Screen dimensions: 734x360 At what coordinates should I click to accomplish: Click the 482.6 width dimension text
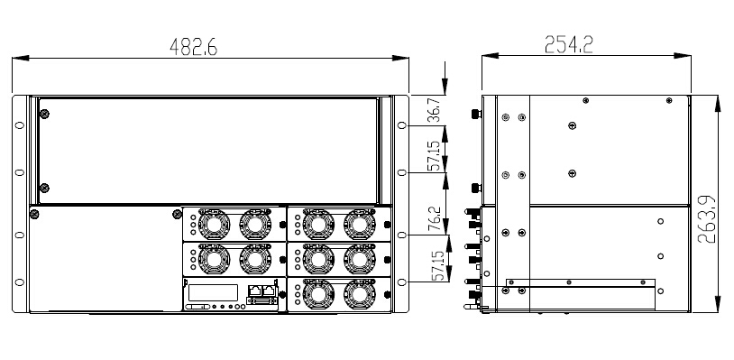click(193, 47)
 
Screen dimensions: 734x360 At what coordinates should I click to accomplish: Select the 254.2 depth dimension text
click(569, 44)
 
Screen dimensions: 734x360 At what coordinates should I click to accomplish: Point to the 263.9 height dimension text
click(706, 219)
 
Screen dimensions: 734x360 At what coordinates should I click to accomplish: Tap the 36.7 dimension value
click(435, 110)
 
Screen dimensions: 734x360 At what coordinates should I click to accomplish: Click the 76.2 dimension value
click(435, 219)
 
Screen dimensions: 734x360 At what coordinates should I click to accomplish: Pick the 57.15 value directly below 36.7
click(435, 155)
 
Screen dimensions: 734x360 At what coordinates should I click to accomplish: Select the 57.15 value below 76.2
click(436, 265)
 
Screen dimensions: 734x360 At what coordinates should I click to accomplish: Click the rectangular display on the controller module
click(213, 293)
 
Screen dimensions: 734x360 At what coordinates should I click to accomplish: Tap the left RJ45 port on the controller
click(254, 290)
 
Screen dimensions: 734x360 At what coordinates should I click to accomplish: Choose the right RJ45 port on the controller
click(269, 290)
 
